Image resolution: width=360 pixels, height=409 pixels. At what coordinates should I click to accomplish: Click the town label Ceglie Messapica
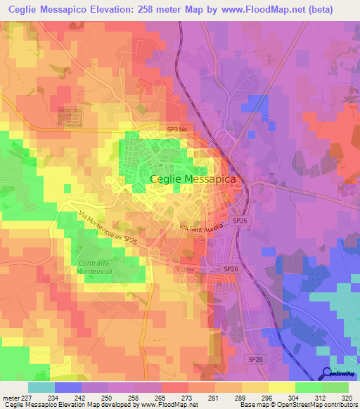pos(194,180)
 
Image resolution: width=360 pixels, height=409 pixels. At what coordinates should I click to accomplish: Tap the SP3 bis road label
pos(177,130)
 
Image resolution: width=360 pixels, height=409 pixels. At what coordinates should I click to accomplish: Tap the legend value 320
pos(345,397)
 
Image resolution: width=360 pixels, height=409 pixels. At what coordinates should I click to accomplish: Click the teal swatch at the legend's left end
pos(41,387)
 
